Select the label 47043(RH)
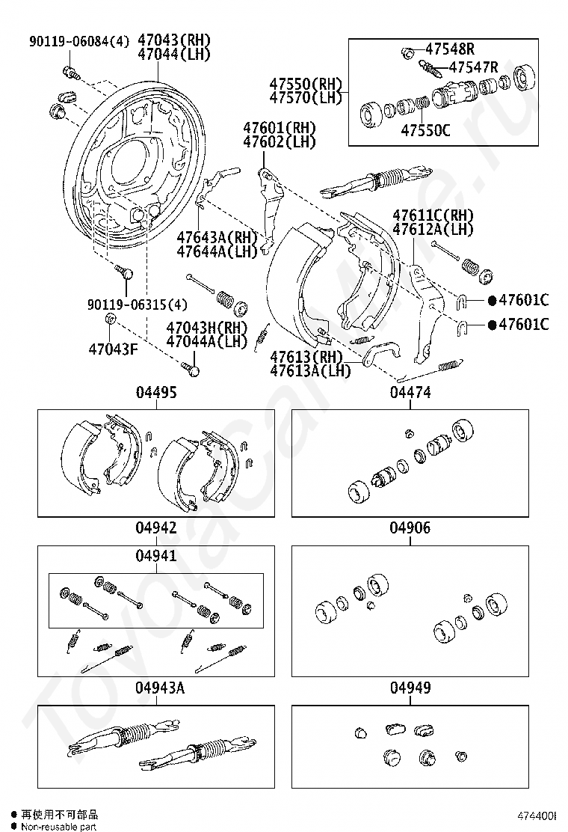(x=174, y=40)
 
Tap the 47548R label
(x=450, y=49)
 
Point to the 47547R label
(x=472, y=67)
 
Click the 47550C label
(x=425, y=129)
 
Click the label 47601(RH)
(x=279, y=127)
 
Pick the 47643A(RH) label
(x=216, y=237)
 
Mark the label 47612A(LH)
(x=433, y=229)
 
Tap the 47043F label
(x=113, y=349)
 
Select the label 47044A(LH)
(x=206, y=341)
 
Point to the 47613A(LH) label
(x=310, y=370)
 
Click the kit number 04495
(x=156, y=392)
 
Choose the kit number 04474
(x=410, y=392)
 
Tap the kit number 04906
(x=410, y=528)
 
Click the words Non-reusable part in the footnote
(x=59, y=826)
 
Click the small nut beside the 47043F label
(x=109, y=320)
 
